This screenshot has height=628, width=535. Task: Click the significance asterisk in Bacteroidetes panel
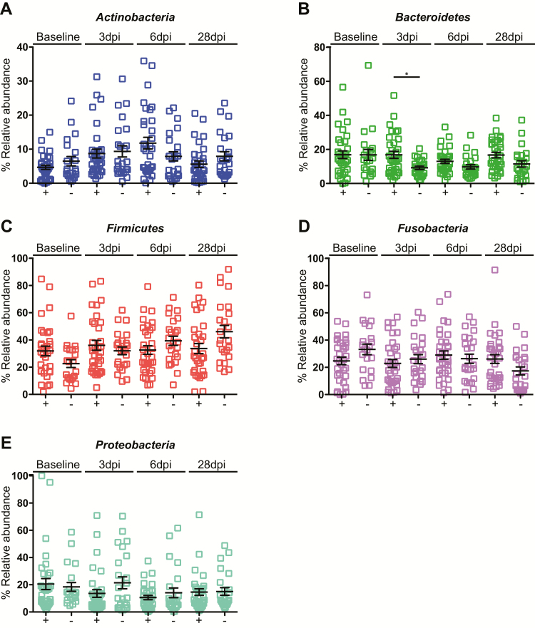click(x=406, y=73)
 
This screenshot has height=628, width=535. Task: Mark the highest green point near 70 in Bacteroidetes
click(x=368, y=66)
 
